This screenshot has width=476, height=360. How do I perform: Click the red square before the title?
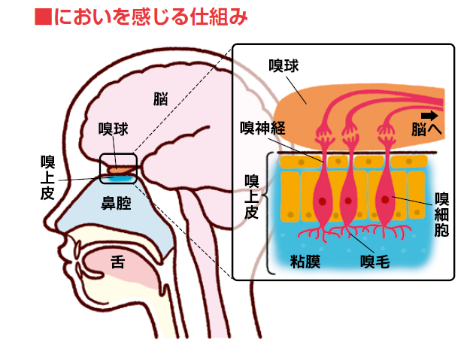pyautogui.click(x=43, y=17)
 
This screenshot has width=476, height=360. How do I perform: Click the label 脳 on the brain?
pyautogui.click(x=160, y=99)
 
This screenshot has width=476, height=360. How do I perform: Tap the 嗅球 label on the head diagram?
pyautogui.click(x=114, y=129)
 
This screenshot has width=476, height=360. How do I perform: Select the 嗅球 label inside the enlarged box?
pyautogui.click(x=283, y=66)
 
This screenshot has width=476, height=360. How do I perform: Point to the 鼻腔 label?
pyautogui.click(x=116, y=203)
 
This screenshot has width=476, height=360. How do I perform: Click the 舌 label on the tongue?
pyautogui.click(x=118, y=262)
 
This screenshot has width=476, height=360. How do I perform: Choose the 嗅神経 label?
pyautogui.click(x=263, y=128)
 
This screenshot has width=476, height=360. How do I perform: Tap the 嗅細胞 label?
pyautogui.click(x=441, y=214)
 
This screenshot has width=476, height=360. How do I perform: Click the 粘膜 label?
pyautogui.click(x=305, y=262)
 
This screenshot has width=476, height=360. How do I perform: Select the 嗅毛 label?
pyautogui.click(x=375, y=262)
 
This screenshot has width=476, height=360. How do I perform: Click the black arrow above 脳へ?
pyautogui.click(x=429, y=116)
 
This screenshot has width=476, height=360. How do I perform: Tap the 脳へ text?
pyautogui.click(x=426, y=129)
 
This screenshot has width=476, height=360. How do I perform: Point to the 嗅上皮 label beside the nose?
pyautogui.click(x=47, y=177)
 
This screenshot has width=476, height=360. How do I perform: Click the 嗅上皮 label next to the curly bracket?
pyautogui.click(x=252, y=197)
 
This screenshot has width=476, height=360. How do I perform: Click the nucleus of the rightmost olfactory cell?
pyautogui.click(x=385, y=200)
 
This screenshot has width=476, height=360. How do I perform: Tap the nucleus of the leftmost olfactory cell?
pyautogui.click(x=322, y=201)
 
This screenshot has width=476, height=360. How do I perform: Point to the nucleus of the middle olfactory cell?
pyautogui.click(x=348, y=201)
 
